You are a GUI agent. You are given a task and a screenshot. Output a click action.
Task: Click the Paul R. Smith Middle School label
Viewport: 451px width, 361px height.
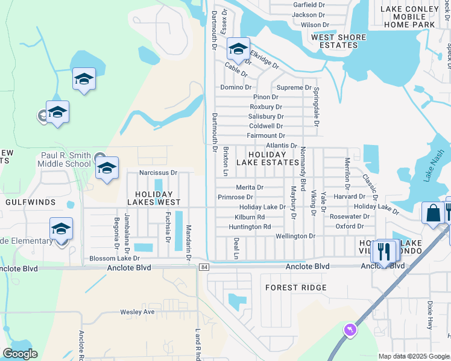pos(65,159)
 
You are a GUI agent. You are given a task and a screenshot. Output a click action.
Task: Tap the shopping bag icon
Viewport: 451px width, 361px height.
pos(433,213)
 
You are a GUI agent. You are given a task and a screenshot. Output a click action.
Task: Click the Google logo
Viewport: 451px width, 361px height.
pos(20,354)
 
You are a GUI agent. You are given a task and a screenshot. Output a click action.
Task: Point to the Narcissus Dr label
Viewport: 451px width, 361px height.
pos(159,173)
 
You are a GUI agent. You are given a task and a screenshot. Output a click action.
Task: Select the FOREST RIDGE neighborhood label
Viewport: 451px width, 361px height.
pos(296,288)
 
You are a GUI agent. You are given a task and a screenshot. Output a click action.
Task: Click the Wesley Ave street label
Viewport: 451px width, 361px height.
pos(137,312)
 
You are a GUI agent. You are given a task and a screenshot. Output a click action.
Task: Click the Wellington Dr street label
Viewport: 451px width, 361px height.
pos(295,236)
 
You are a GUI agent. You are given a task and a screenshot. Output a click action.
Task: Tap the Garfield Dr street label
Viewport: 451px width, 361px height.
pos(309,5)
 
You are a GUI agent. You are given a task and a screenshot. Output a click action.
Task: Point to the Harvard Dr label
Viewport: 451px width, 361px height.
pos(349,196)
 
